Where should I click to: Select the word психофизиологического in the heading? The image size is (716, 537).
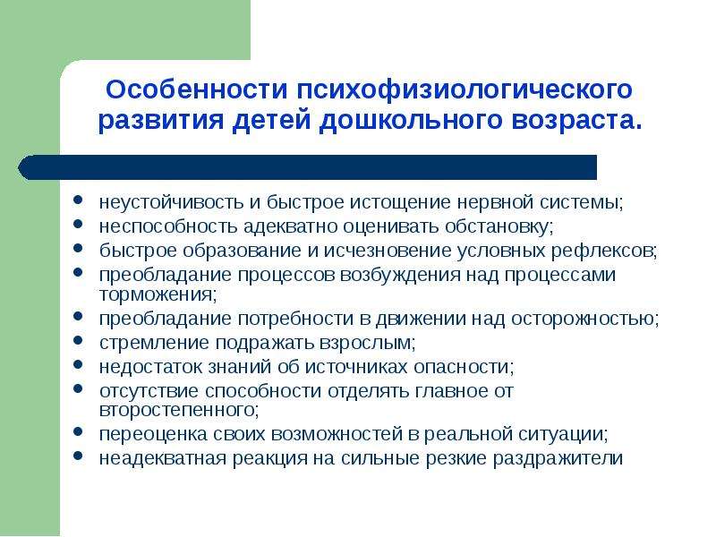point(465,90)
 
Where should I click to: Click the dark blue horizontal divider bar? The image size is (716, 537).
point(307,167)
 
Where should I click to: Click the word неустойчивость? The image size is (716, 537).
point(171,202)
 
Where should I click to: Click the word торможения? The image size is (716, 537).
point(158,294)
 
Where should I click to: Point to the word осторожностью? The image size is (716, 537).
point(584,319)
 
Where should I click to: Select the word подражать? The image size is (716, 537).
point(265,343)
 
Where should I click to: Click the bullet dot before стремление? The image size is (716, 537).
point(78,340)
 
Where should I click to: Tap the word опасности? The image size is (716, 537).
point(464,367)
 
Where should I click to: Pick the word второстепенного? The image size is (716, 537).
point(179,410)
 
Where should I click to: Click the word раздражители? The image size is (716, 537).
point(558,458)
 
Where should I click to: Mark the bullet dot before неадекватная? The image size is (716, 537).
point(78,456)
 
